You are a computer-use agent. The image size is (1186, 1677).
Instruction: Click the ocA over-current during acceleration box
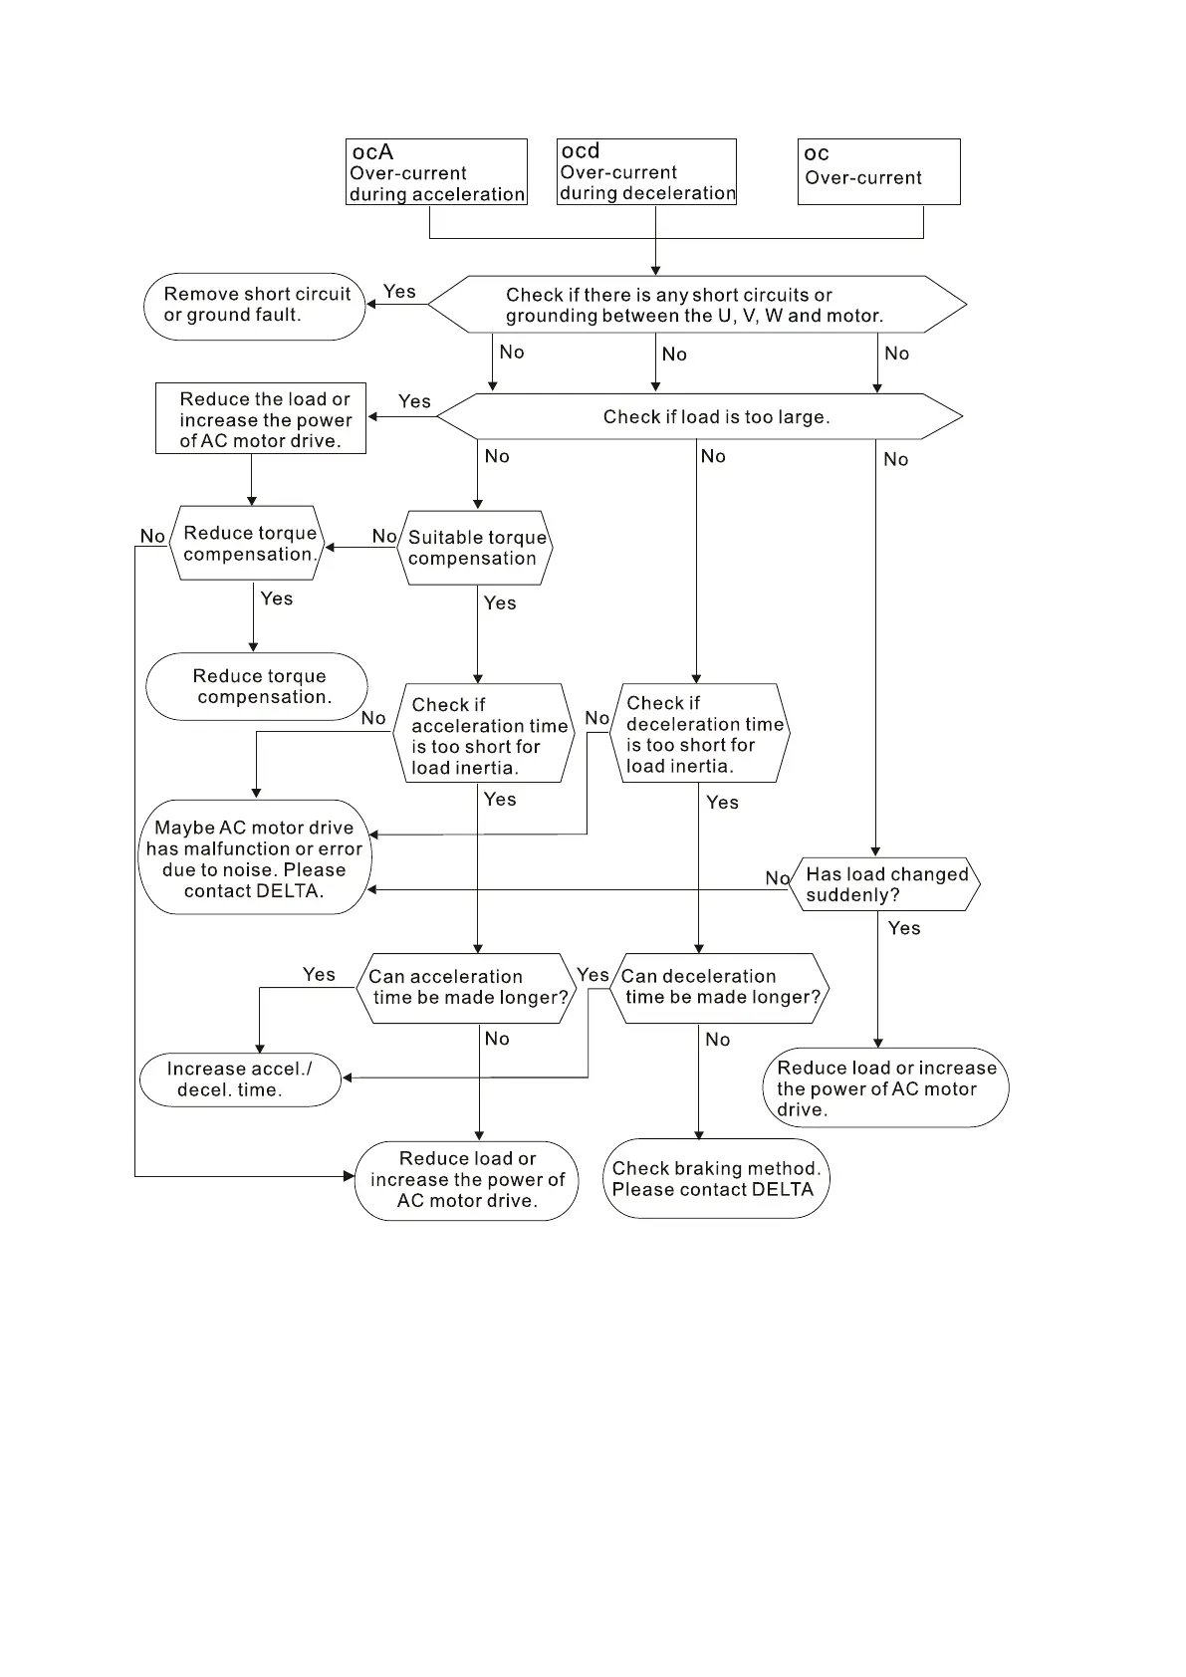436,172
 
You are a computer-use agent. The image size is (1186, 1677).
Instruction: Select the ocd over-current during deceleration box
646,172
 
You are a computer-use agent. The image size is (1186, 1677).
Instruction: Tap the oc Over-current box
878,172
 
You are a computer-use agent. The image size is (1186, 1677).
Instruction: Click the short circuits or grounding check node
697,305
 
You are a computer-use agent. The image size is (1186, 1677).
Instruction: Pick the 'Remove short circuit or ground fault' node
256,306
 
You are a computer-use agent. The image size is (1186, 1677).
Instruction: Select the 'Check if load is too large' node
700,416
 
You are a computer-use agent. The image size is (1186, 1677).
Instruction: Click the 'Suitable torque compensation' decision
476,548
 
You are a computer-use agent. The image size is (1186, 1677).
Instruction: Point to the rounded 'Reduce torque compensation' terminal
257,686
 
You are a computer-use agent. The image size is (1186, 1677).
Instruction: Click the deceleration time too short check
703,733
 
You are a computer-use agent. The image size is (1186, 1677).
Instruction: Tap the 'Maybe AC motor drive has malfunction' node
254,857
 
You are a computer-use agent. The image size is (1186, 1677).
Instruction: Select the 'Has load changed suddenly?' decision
885,884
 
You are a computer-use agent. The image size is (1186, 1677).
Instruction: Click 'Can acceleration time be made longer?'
467,988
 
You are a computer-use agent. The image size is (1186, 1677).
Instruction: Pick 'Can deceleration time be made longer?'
720,988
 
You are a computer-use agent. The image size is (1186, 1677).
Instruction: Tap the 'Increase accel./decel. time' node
240,1079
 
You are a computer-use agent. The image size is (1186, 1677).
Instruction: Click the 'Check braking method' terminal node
716,1179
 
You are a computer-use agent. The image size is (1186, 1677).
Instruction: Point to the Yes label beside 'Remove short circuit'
399,292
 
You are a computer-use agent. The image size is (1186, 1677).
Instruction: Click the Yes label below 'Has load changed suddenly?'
904,928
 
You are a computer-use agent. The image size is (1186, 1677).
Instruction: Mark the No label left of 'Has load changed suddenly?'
777,878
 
